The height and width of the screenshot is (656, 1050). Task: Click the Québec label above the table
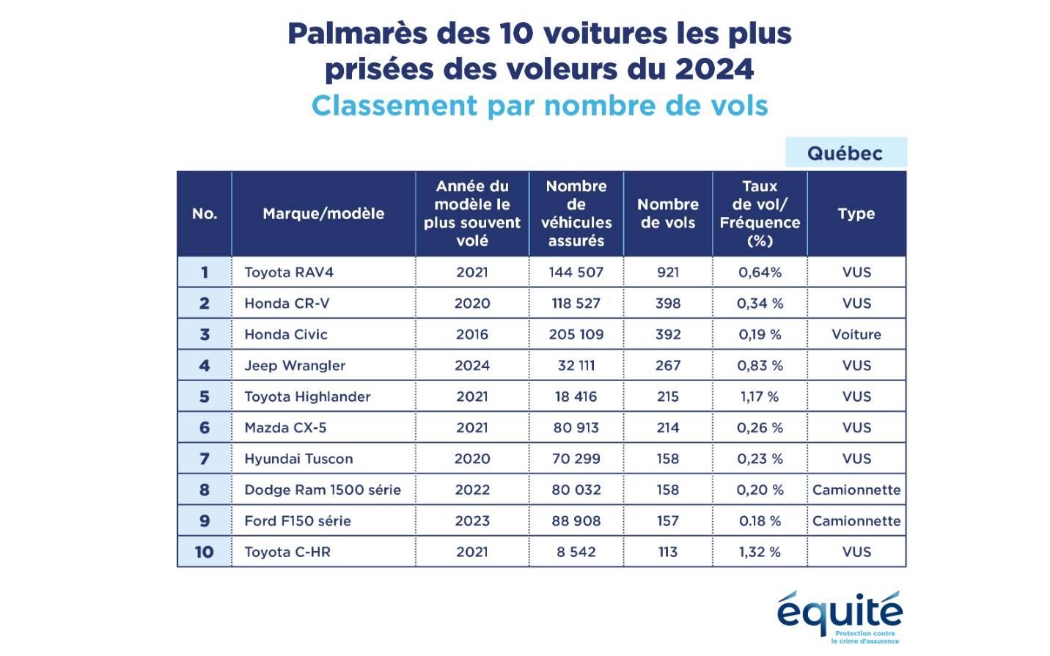845,153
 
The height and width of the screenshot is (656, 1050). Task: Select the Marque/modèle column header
323,213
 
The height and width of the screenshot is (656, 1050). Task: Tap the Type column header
856,213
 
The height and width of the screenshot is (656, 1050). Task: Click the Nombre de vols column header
667,213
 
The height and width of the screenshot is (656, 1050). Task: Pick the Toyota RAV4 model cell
289,272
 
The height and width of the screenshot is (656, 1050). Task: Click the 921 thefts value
667,272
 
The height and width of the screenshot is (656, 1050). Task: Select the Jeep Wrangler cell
295,365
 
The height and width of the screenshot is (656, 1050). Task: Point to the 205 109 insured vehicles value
576,334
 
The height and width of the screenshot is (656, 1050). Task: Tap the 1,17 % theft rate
759,397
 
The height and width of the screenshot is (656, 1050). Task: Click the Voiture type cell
856,334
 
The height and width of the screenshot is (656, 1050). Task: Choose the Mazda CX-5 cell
285,427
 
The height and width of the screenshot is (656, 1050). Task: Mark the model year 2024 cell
471,365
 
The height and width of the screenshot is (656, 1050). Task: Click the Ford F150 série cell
298,520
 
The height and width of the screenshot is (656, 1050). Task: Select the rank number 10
204,552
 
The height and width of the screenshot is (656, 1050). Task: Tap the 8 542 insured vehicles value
576,552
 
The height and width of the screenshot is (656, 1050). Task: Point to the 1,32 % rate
759,552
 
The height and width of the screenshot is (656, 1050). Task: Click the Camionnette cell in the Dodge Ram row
856,490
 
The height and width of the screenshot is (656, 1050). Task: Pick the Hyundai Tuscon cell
298,459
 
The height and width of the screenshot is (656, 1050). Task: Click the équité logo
840,614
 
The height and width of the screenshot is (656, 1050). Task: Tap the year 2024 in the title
714,69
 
